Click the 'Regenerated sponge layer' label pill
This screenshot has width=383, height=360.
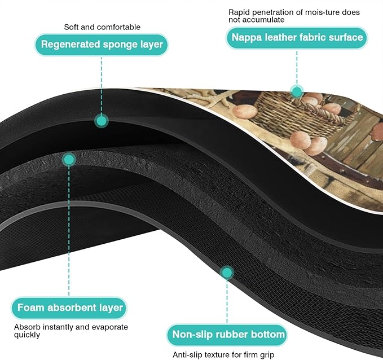[x=102, y=45]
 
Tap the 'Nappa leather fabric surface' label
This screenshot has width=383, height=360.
[x=297, y=38]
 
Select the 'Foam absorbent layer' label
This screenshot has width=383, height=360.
[x=69, y=308]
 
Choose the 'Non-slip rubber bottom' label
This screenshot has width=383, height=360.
[x=227, y=335]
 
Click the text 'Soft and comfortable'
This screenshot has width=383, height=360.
[x=102, y=27]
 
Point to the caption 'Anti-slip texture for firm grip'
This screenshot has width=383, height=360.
[x=223, y=354]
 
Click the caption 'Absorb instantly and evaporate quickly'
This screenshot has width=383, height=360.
[x=71, y=331]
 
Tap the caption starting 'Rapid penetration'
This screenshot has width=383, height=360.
[x=294, y=16]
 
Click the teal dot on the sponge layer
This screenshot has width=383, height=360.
[x=102, y=121]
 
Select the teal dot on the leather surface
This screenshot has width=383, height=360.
[x=297, y=92]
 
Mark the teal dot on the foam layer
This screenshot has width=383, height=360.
[x=69, y=160]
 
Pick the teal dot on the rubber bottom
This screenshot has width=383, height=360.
[x=227, y=273]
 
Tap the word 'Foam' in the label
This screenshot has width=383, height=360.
[x=31, y=308]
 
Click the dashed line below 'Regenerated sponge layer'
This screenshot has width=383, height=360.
[x=102, y=85]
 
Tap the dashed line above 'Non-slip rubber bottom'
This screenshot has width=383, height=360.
[x=227, y=301]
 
